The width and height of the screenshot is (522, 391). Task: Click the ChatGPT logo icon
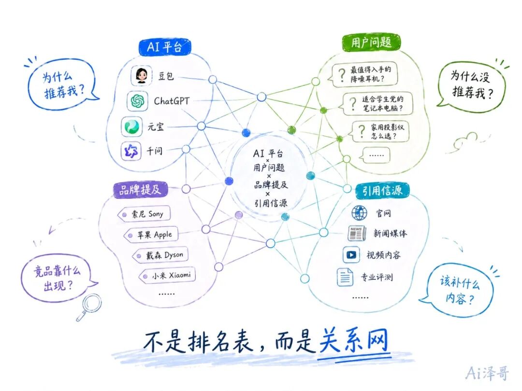pyautogui.click(x=137, y=101)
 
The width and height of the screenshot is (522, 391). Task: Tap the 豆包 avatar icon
pyautogui.click(x=142, y=75)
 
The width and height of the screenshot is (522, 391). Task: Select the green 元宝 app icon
pyautogui.click(x=132, y=126)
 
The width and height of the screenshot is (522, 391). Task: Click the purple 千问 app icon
pyautogui.click(x=131, y=151)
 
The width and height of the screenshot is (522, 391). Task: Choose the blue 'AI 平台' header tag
pyautogui.click(x=164, y=47)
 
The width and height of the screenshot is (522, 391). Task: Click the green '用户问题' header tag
pyautogui.click(x=371, y=42)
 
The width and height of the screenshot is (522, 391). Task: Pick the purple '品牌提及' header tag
pyautogui.click(x=140, y=190)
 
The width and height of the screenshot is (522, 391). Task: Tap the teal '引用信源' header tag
pyautogui.click(x=382, y=191)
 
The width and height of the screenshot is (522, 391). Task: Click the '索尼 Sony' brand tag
pyautogui.click(x=144, y=214)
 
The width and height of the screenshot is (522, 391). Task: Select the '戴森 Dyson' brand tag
pyautogui.click(x=161, y=255)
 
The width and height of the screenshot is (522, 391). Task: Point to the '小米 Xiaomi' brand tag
pyautogui.click(x=167, y=275)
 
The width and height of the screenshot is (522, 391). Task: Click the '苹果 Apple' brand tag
pyautogui.click(x=151, y=235)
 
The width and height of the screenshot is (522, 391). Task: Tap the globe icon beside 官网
pyautogui.click(x=360, y=213)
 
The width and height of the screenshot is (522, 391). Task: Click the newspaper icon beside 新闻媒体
pyautogui.click(x=357, y=234)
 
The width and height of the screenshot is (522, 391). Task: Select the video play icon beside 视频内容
pyautogui.click(x=351, y=255)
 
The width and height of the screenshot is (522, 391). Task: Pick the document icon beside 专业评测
pyautogui.click(x=345, y=277)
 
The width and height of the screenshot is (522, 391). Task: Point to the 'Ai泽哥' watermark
pyautogui.click(x=487, y=373)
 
